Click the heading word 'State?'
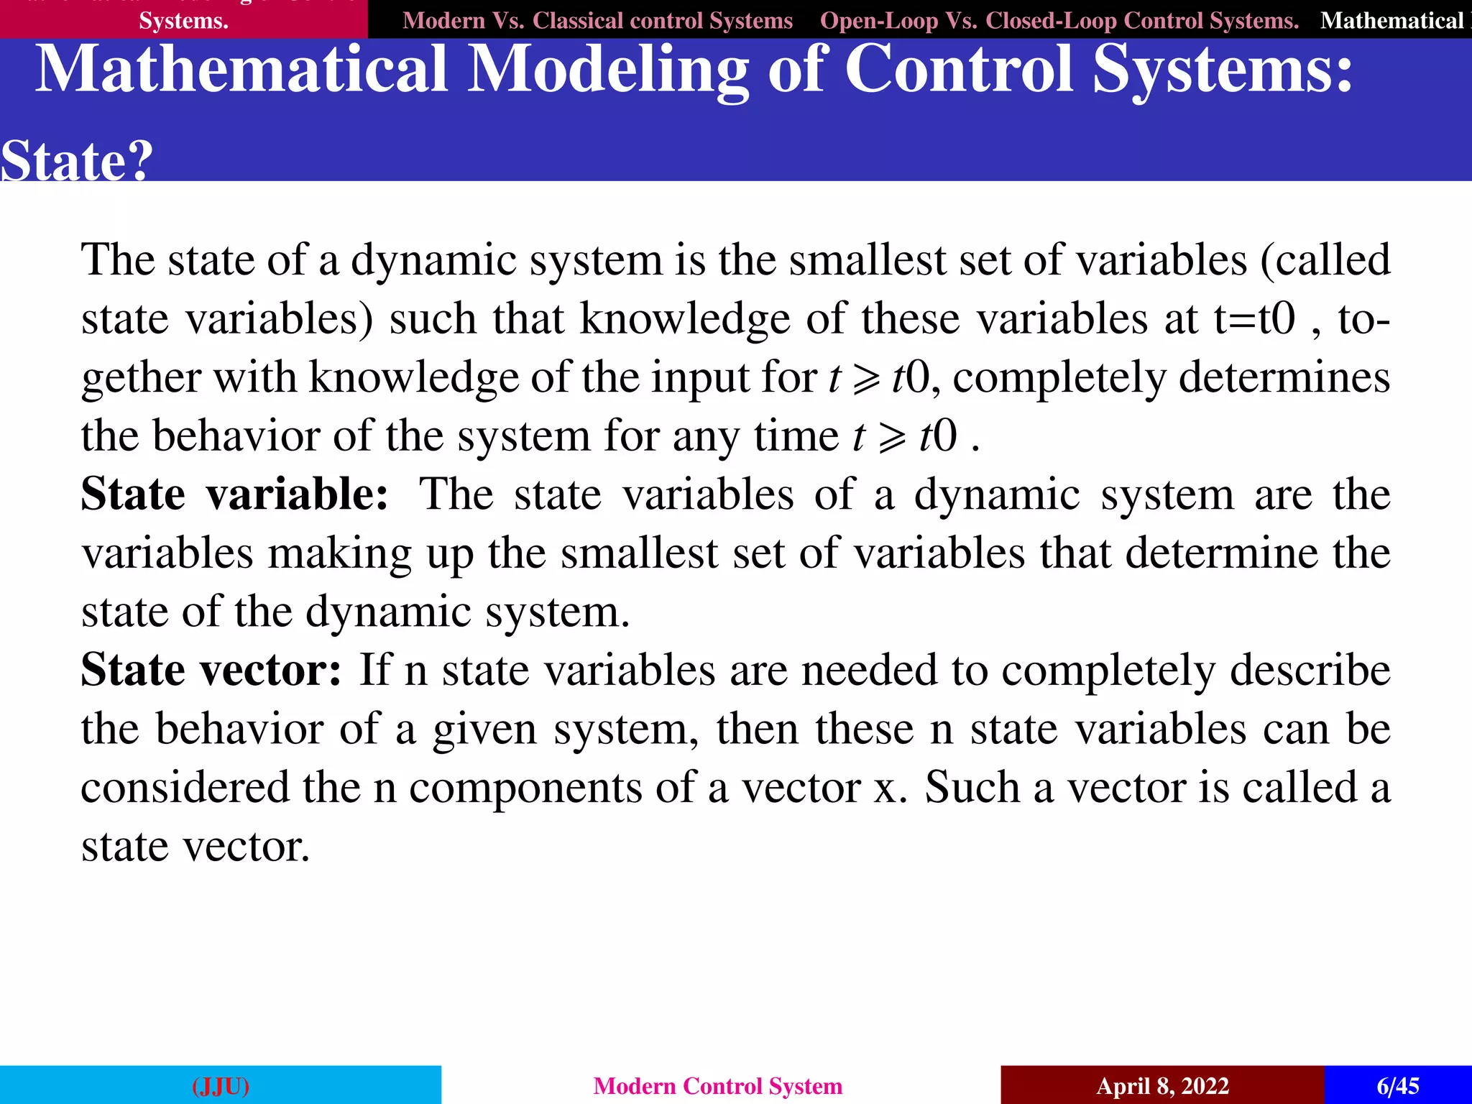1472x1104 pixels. [x=76, y=160]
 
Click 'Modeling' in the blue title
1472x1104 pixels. [x=608, y=70]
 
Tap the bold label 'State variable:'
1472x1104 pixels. [x=234, y=494]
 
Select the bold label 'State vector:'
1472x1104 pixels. [x=211, y=670]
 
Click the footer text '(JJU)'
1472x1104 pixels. [x=221, y=1085]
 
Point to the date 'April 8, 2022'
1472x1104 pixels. [x=1162, y=1085]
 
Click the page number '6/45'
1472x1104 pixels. [x=1397, y=1085]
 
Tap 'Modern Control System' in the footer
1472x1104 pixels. [x=717, y=1085]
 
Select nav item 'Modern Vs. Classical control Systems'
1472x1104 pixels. [x=597, y=21]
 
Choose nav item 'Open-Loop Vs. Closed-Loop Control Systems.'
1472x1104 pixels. [x=1059, y=21]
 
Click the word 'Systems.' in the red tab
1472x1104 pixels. [x=183, y=21]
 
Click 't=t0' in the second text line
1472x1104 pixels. [x=1254, y=318]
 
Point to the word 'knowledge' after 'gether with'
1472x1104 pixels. [x=413, y=377]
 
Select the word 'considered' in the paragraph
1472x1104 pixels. [x=185, y=787]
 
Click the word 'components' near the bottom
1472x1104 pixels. [x=525, y=788]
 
